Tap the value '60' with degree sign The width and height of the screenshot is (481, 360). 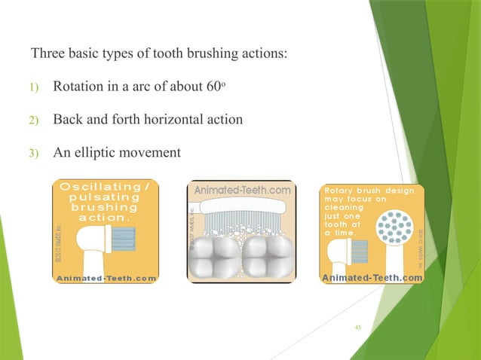pos(216,87)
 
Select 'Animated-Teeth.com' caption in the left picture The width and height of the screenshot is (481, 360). pos(106,277)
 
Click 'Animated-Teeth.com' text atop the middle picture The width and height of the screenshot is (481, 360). pos(242,190)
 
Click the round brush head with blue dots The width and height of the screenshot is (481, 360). pos(395,227)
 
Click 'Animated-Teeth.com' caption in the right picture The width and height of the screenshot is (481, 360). pos(372,277)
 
